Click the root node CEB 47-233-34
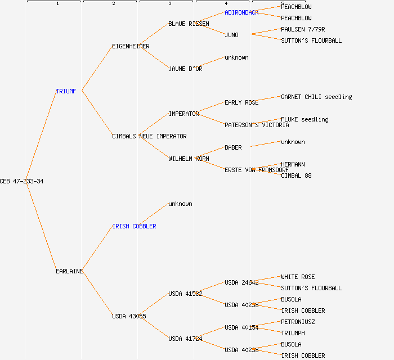click(x=21, y=181)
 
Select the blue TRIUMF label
click(x=66, y=91)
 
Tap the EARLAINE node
click(x=69, y=271)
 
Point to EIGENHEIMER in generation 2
click(x=131, y=46)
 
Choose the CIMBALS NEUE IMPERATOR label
click(x=149, y=136)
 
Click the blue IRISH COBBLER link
click(x=134, y=226)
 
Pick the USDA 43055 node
click(x=129, y=316)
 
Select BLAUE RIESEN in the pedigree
click(x=189, y=24)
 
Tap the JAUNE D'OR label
click(x=185, y=69)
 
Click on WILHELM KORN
click(x=189, y=159)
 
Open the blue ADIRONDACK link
click(x=241, y=12)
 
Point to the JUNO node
click(x=231, y=35)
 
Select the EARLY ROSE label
click(x=241, y=102)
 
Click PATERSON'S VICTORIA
click(x=257, y=125)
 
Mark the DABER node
click(x=233, y=147)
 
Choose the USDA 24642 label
click(x=241, y=282)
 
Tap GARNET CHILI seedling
click(x=316, y=97)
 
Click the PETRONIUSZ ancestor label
click(x=298, y=322)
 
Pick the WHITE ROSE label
click(x=298, y=277)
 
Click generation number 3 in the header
click(x=169, y=4)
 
